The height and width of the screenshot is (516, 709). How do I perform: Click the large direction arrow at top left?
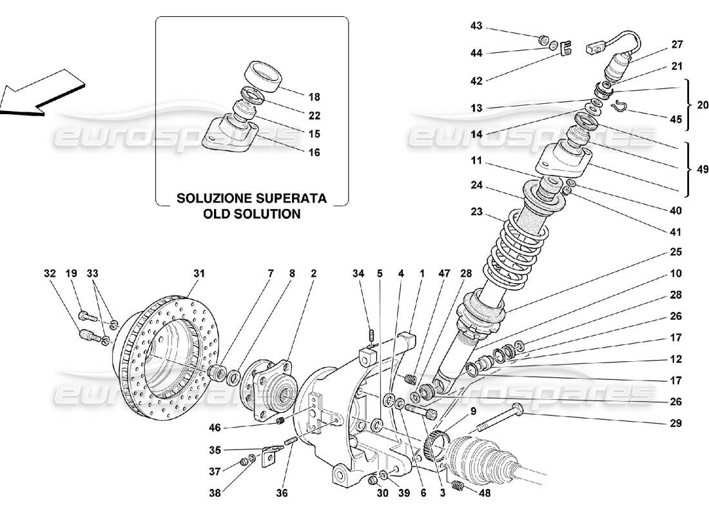click(40, 94)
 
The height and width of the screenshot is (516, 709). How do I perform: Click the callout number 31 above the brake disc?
click(199, 273)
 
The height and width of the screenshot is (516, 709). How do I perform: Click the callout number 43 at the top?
click(476, 26)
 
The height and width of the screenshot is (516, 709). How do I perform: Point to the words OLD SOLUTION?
click(252, 213)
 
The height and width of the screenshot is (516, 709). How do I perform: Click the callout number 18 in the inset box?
click(314, 97)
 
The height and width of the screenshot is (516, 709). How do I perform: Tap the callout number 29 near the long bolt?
click(675, 424)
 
